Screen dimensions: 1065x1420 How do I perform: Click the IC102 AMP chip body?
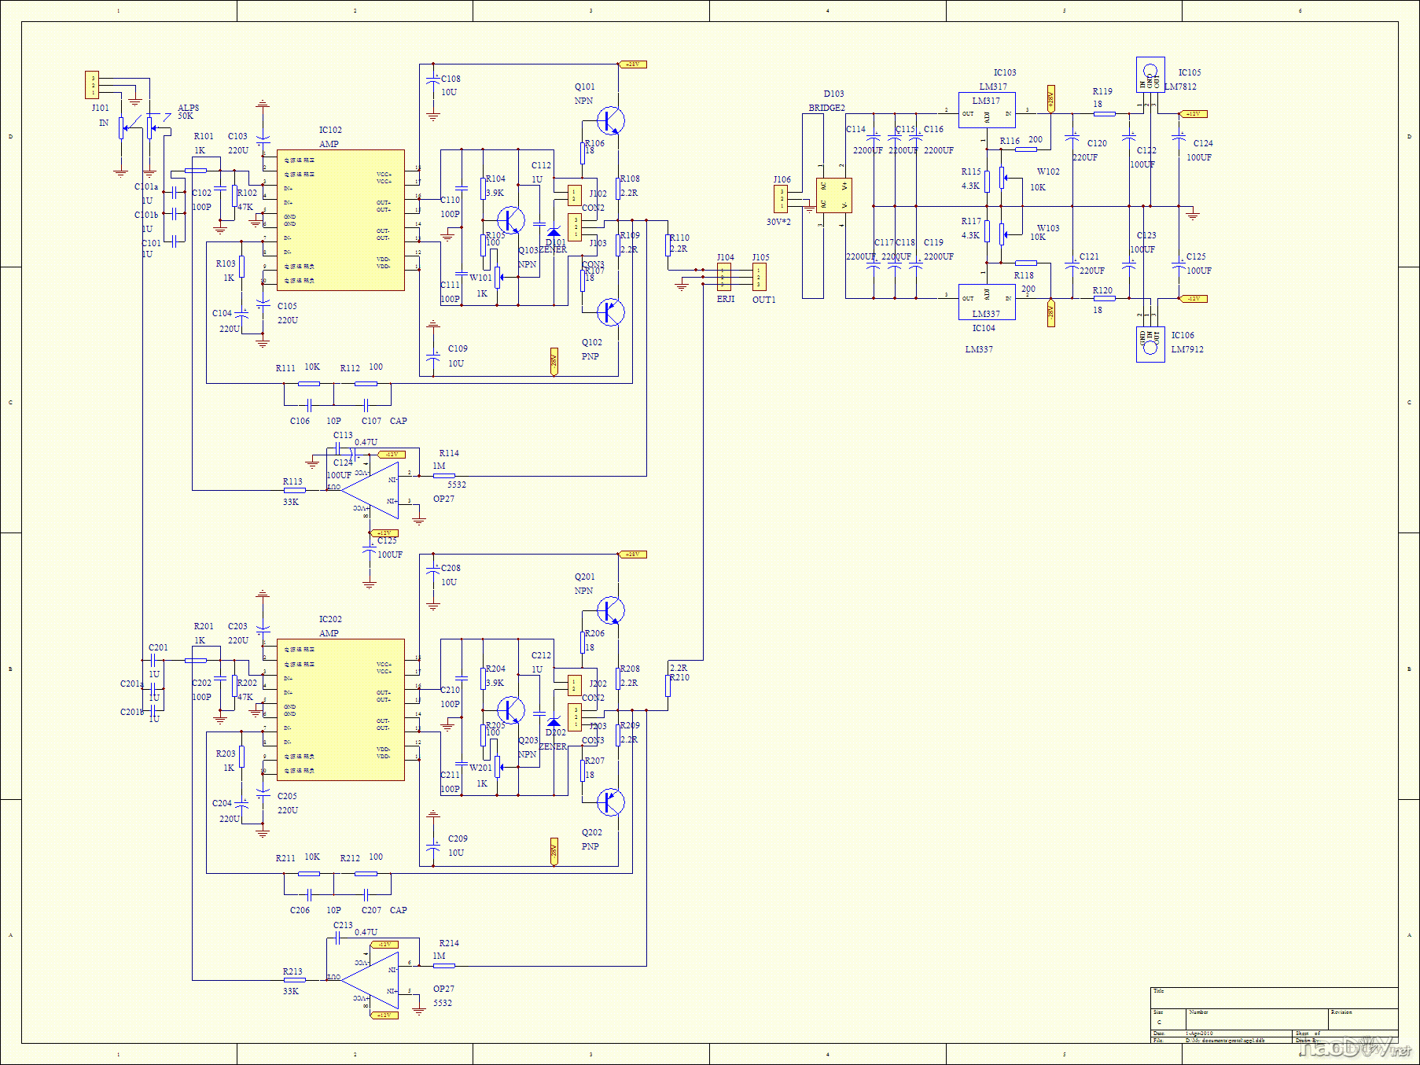[340, 220]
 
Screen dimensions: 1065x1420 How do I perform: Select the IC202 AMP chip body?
[340, 709]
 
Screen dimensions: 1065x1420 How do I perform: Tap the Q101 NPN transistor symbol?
[609, 120]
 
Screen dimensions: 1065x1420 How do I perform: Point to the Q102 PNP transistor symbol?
[609, 312]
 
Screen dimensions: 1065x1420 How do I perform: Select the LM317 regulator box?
[987, 110]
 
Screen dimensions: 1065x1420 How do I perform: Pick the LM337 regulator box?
[987, 301]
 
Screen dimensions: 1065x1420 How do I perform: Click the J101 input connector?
[92, 85]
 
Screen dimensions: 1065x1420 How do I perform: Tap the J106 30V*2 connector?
[781, 199]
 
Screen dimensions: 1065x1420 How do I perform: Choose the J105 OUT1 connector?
[759, 277]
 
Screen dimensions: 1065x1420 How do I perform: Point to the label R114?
[449, 453]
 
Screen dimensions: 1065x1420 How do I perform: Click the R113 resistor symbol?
[294, 490]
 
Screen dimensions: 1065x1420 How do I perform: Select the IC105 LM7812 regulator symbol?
[1150, 75]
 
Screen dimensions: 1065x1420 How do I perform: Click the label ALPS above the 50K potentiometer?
[188, 108]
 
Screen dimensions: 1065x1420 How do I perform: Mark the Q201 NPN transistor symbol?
[609, 610]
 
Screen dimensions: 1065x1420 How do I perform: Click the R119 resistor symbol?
[1104, 113]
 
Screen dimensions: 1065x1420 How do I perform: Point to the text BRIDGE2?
[826, 108]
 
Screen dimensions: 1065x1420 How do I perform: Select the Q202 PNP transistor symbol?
[609, 802]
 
